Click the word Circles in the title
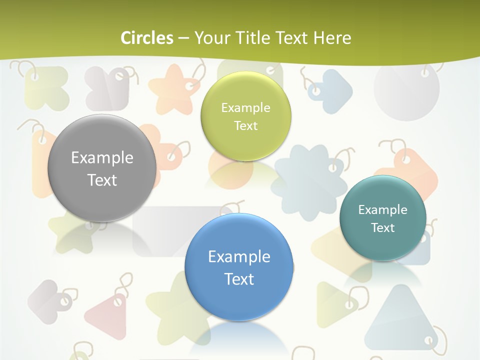pos(146,38)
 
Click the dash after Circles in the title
pos(183,38)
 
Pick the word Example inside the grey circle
pos(102,158)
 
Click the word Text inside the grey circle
pos(102,180)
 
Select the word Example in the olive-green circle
pos(245,108)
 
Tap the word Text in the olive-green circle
pos(245,125)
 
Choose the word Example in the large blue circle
pos(239,257)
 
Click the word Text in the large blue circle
pos(239,279)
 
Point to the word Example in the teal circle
pos(382,210)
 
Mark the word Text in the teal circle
pos(382,228)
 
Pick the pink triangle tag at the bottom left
pos(107,315)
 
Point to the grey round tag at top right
pos(406,90)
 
